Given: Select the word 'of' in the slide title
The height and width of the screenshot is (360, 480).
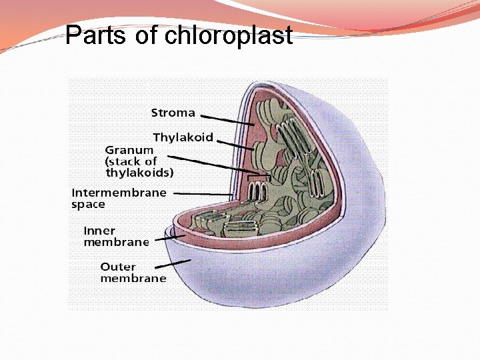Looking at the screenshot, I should [147, 35].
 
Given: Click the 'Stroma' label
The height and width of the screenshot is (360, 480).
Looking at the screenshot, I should [173, 113].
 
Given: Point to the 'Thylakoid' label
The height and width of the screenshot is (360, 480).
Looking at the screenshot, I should [183, 137].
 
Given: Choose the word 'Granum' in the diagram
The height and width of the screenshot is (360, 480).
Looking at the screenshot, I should [129, 150].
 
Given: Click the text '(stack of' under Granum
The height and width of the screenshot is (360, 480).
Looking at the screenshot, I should [131, 161].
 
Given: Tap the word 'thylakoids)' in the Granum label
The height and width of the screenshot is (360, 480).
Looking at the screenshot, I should [140, 172].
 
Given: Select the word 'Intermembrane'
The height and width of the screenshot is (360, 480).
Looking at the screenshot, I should [119, 193].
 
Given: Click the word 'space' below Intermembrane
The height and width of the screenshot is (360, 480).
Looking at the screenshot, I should [89, 205].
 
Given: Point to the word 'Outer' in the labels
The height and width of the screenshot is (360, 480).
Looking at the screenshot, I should [118, 267].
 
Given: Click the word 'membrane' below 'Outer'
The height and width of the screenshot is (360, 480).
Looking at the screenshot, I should [133, 278].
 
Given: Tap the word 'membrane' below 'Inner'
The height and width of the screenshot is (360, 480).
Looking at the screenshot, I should [116, 242].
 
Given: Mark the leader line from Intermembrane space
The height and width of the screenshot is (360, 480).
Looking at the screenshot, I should [203, 193].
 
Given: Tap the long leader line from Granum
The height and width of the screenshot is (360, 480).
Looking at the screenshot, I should [213, 165].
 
